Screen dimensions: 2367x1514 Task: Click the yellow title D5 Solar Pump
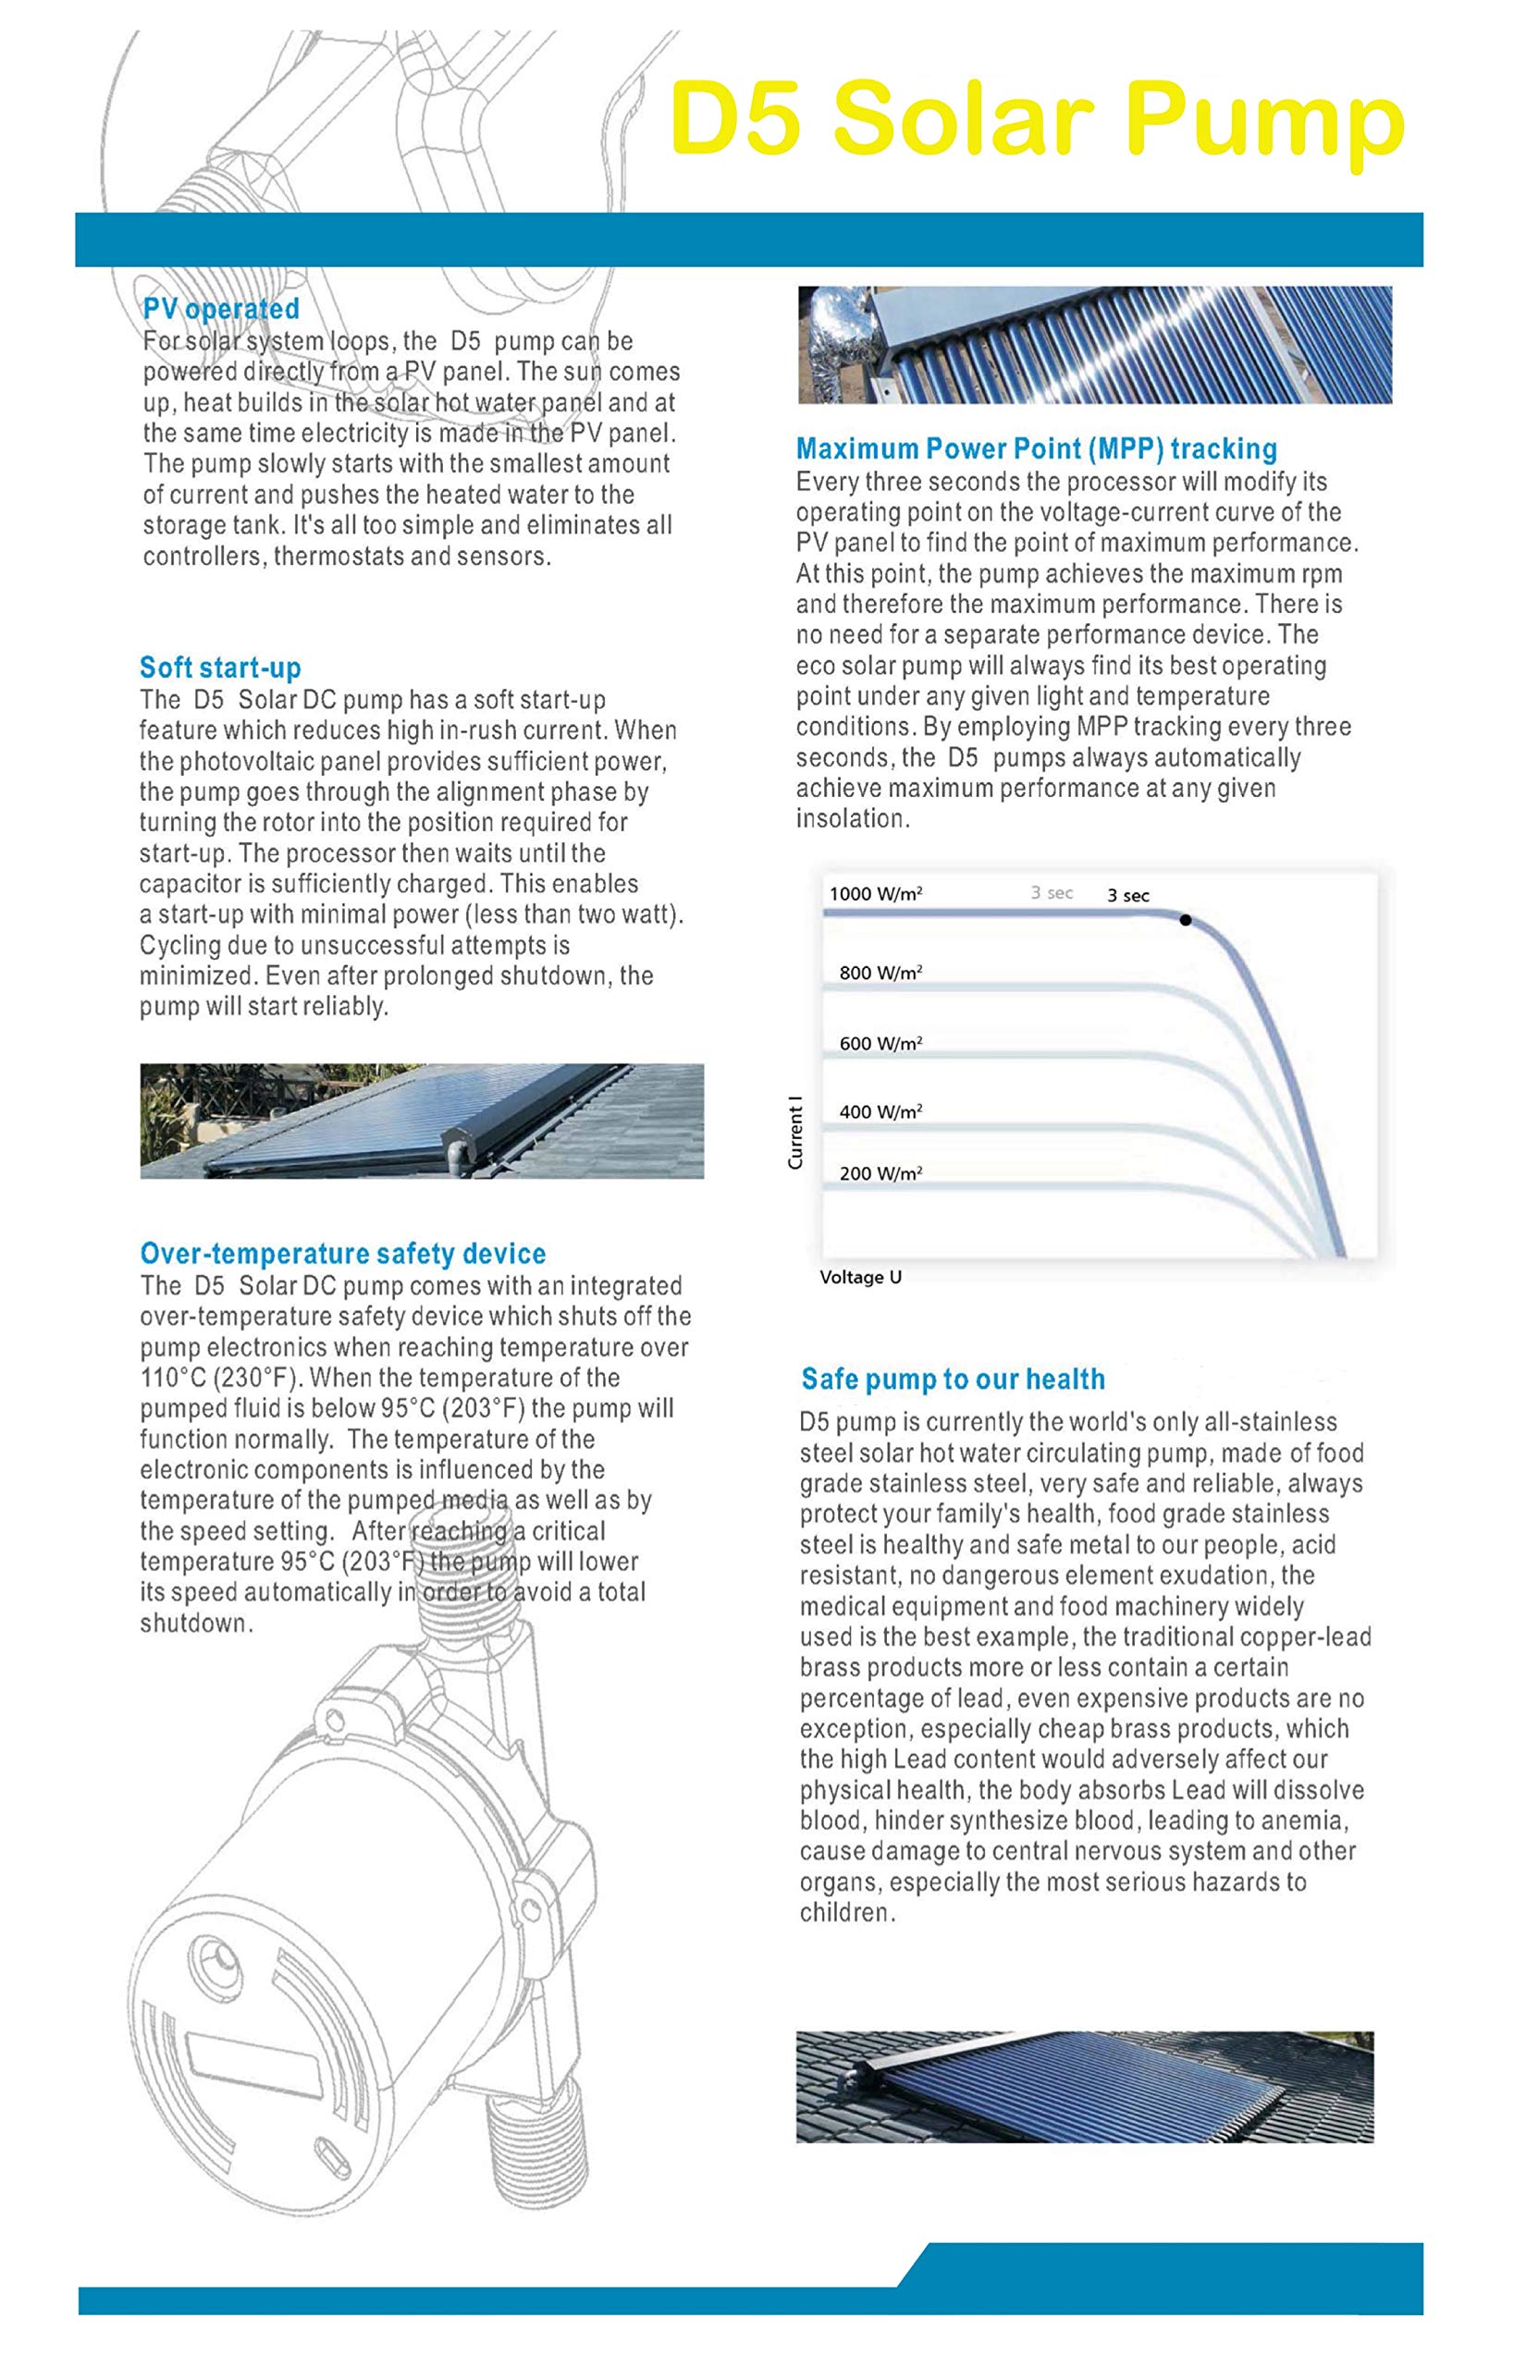1037,120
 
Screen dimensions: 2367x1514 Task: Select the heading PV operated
221,309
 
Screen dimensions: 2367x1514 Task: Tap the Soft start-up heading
220,668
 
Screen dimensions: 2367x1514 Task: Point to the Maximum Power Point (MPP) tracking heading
1036,449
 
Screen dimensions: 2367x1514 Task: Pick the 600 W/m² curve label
880,1044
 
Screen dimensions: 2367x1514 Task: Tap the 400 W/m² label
880,1112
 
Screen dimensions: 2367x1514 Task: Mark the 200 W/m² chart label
880,1173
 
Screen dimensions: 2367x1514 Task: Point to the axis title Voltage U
860,1278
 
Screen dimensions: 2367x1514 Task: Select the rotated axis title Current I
795,1133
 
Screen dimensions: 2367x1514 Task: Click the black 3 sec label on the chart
1127,896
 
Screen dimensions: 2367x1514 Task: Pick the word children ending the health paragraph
845,1914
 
